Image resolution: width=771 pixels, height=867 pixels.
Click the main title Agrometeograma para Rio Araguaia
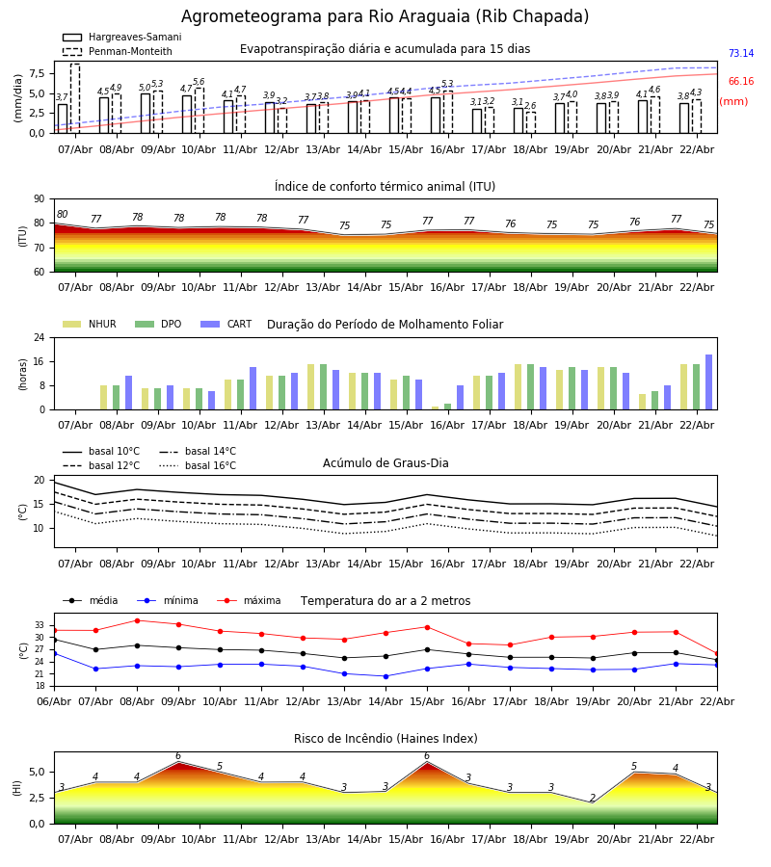(x=385, y=17)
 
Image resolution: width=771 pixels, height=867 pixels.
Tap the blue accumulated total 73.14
(x=740, y=54)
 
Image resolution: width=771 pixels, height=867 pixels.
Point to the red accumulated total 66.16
(x=740, y=82)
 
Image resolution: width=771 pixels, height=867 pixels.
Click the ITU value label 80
(x=63, y=215)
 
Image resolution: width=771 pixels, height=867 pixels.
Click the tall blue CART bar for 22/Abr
(x=708, y=382)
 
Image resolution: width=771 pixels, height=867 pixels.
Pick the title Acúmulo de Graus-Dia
(x=385, y=463)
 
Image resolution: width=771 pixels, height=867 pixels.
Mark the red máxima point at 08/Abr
(x=137, y=620)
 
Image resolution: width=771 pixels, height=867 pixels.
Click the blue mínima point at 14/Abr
(x=385, y=676)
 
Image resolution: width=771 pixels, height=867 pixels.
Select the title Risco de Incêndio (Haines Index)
(x=385, y=739)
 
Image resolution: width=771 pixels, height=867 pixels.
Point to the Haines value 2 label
(x=593, y=799)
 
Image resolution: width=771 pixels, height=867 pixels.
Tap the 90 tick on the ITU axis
(x=38, y=199)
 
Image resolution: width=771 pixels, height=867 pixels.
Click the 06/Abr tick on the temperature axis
(x=54, y=701)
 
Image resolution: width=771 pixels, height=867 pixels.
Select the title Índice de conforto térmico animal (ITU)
(x=385, y=187)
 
